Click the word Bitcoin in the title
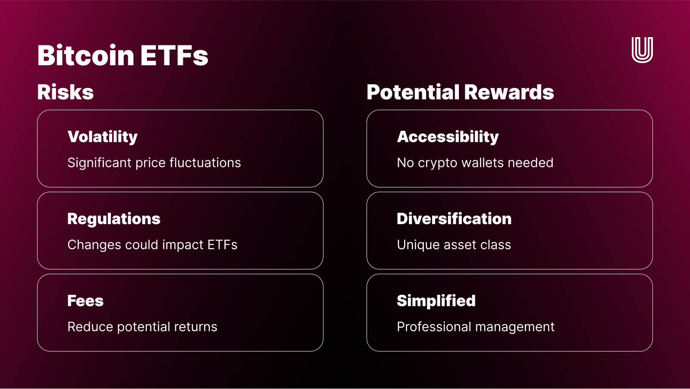pos(86,56)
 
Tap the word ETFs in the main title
pos(174,56)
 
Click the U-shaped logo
pos(642,50)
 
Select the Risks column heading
pos(66,92)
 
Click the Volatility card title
pos(103,137)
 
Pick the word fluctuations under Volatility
pos(205,163)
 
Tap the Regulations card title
pos(114,219)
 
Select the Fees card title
pos(85,301)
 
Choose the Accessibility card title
pos(448,137)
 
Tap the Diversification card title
pos(454,219)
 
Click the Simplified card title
pos(436,301)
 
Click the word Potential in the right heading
pos(413,92)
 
